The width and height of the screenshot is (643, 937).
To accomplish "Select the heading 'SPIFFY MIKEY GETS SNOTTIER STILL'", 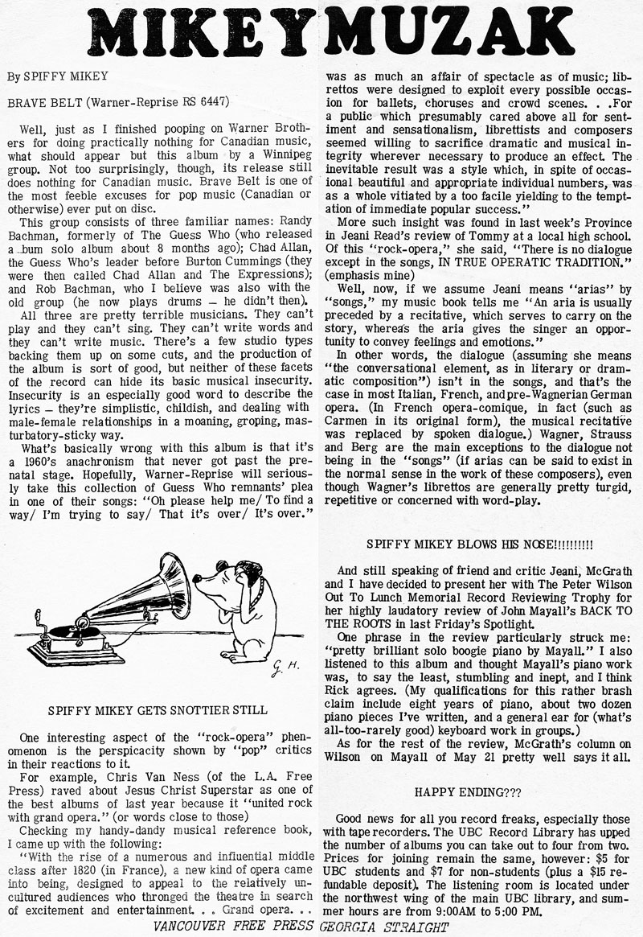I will click(x=157, y=710).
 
